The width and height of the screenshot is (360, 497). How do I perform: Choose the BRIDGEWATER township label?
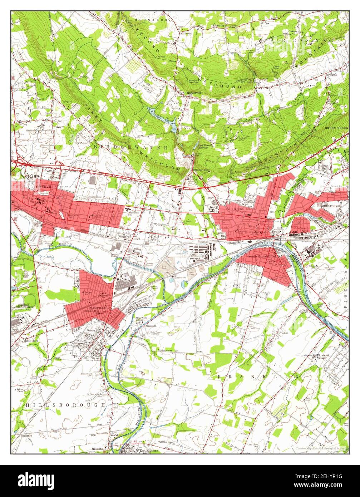(x=131, y=147)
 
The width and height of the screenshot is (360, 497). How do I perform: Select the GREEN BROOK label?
(x=335, y=128)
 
